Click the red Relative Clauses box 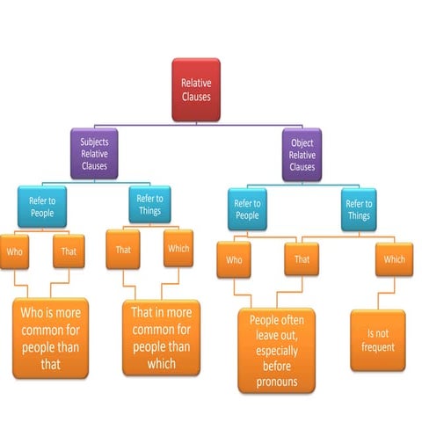click(x=195, y=87)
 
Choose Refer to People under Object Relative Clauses click(x=249, y=208)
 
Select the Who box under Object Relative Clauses click(x=235, y=260)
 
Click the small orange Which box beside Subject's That click(x=178, y=248)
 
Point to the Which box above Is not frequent click(x=394, y=259)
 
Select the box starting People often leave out click(x=274, y=350)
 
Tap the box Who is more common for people click(x=50, y=338)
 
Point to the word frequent click(x=379, y=347)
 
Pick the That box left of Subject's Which click(x=123, y=251)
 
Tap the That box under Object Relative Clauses click(x=302, y=260)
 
